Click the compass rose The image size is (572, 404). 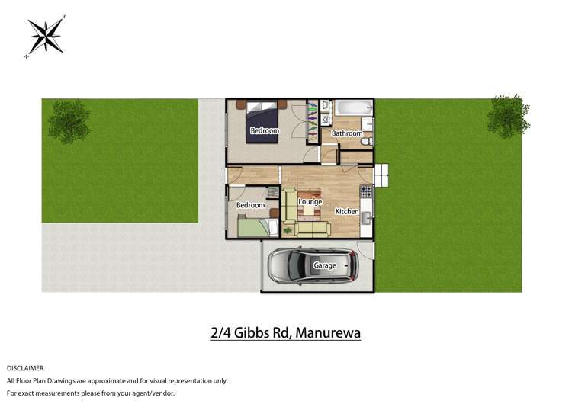46,36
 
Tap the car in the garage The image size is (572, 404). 312,265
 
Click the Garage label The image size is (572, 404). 325,265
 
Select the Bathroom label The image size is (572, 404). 347,133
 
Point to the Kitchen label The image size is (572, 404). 347,211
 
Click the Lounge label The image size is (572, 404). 310,202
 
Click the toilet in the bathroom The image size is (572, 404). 366,140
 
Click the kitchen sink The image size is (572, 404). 366,220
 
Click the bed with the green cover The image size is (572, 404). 255,226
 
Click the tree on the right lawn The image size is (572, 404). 506,116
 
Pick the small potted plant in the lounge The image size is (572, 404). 288,229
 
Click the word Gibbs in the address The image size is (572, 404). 249,333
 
